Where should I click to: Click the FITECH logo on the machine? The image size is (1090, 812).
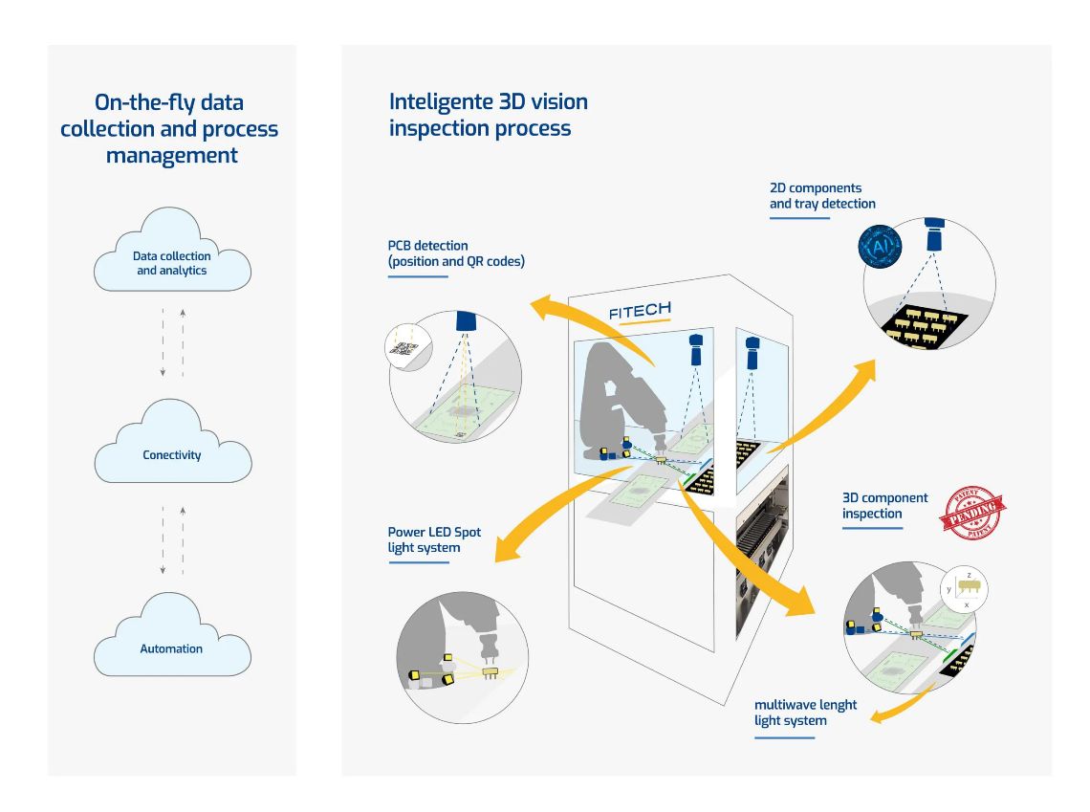click(640, 310)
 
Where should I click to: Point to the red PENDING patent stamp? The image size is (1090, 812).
click(973, 513)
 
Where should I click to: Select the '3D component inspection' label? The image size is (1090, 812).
click(884, 505)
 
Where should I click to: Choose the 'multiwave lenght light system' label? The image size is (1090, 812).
click(805, 713)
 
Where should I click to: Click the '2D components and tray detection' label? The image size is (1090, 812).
click(822, 195)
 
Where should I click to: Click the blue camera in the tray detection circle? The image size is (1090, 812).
click(935, 236)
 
